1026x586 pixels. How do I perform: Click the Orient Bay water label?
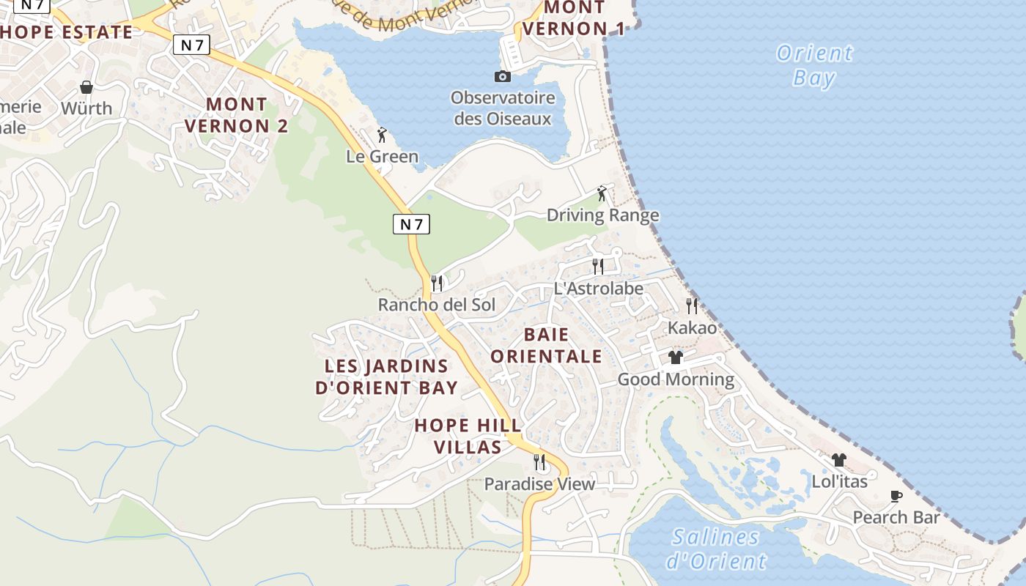[x=814, y=64]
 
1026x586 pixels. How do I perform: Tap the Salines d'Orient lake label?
[x=715, y=549]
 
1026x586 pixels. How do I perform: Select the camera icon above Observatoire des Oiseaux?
[x=502, y=76]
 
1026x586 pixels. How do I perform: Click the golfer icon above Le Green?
[x=381, y=135]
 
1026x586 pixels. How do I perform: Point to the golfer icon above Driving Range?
[x=602, y=193]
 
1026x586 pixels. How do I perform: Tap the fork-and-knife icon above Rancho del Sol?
[x=437, y=283]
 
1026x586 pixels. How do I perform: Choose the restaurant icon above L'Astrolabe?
[x=598, y=266]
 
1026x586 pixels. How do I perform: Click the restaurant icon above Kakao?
[x=692, y=305]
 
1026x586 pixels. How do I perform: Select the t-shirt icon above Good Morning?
[x=676, y=357]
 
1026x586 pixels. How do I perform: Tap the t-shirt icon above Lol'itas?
[x=839, y=460]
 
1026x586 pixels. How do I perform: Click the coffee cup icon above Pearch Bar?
[x=896, y=496]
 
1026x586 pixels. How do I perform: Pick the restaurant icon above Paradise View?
[x=539, y=462]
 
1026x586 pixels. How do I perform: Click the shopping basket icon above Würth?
[x=86, y=87]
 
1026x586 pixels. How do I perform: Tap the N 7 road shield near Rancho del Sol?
[x=411, y=224]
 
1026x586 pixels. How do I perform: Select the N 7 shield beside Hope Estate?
[x=192, y=45]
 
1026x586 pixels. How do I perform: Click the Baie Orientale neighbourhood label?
[x=546, y=346]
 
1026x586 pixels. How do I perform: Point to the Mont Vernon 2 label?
[x=236, y=115]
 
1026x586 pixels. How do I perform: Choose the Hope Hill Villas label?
[x=468, y=436]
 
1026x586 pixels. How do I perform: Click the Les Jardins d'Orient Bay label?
[x=386, y=377]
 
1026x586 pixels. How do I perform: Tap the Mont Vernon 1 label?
[x=575, y=18]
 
